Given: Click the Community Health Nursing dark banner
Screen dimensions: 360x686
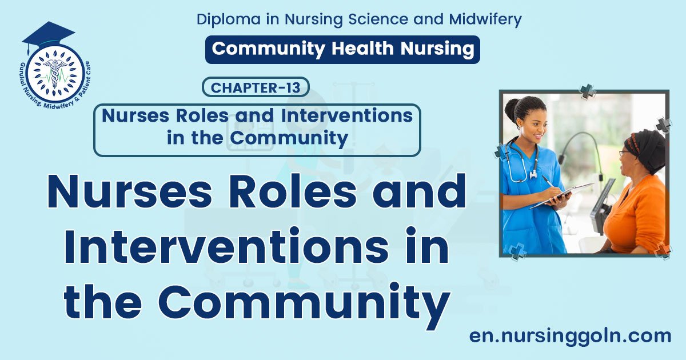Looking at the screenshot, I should tap(342, 49).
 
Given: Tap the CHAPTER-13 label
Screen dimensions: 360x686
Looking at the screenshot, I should tap(256, 87).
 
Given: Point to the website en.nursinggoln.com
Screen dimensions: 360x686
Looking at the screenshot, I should tap(570, 335).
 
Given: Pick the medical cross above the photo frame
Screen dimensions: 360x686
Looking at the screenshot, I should tap(588, 90).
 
